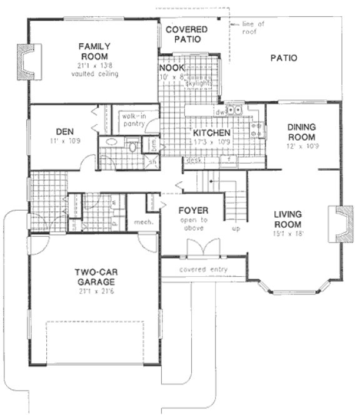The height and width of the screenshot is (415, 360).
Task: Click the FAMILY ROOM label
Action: click(94, 51)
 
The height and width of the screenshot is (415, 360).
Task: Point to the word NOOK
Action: click(171, 68)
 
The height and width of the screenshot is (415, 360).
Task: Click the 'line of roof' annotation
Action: click(253, 27)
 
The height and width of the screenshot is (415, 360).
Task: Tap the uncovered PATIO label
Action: click(283, 58)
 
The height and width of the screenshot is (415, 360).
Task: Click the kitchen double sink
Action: click(234, 111)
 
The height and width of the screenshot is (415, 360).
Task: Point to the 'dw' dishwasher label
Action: click(219, 112)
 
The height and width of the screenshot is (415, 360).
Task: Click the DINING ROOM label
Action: click(301, 132)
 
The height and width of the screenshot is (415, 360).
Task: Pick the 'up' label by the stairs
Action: click(236, 229)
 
